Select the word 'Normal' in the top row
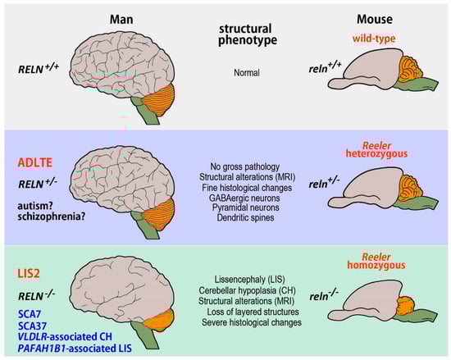click(x=246, y=73)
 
